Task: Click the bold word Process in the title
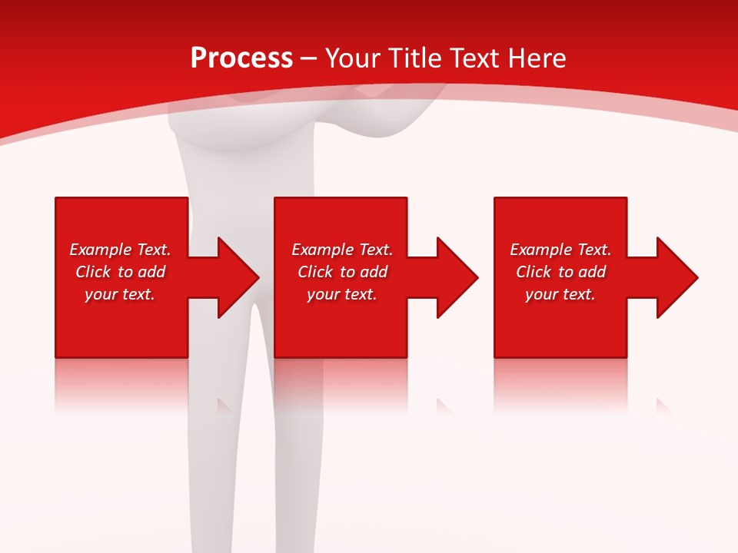(241, 58)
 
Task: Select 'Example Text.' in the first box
(120, 250)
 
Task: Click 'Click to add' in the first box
(120, 272)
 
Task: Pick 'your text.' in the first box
(120, 294)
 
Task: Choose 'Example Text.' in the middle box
(342, 250)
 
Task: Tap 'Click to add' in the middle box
(342, 272)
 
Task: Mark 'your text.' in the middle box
(342, 294)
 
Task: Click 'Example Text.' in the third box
(560, 250)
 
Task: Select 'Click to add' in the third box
(560, 272)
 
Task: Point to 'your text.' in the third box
(560, 294)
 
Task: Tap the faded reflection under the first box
(121, 384)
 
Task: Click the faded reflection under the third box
(560, 384)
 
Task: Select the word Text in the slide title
(474, 58)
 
